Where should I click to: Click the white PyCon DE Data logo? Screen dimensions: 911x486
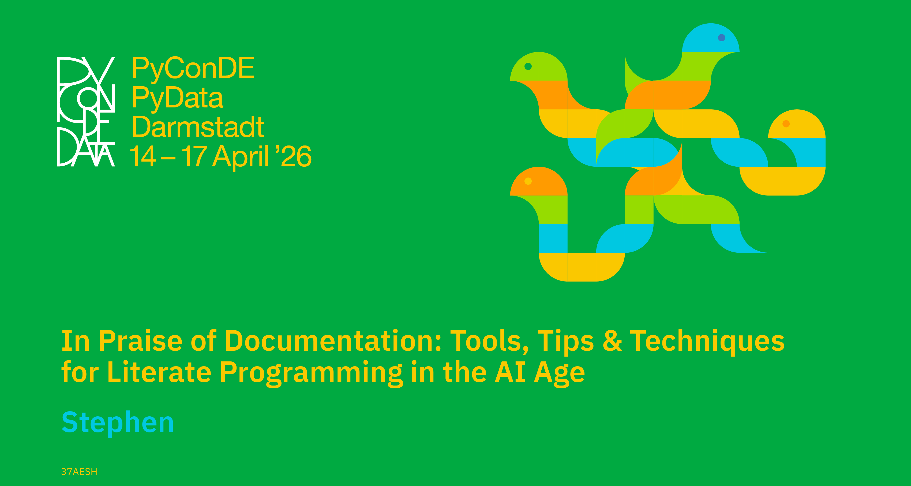(x=86, y=111)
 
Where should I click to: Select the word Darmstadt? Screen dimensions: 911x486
(x=198, y=127)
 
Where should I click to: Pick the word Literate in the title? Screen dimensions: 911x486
(x=159, y=372)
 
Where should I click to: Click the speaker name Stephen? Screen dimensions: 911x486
(x=118, y=423)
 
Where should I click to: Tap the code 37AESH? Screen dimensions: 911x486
(x=79, y=472)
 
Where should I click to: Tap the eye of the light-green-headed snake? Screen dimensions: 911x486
(x=528, y=66)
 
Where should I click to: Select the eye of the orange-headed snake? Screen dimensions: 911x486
(x=528, y=181)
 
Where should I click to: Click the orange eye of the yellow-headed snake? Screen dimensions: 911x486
(x=786, y=124)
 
